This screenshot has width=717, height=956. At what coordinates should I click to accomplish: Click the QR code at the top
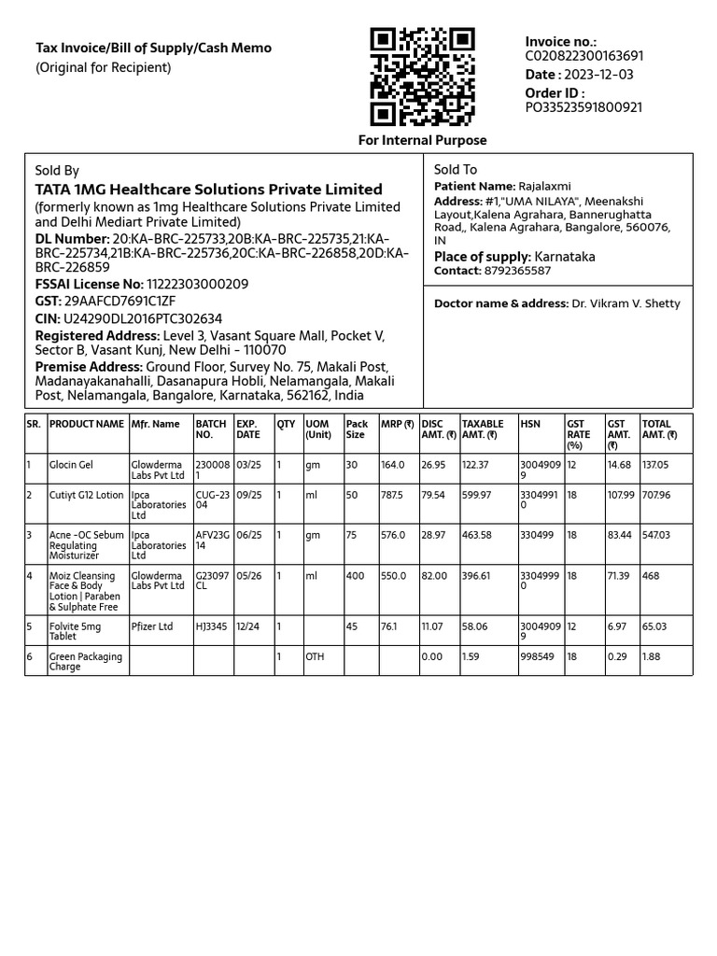(422, 77)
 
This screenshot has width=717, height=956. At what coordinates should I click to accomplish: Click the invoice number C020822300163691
(583, 56)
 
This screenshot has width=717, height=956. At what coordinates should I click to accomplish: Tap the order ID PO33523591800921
(583, 107)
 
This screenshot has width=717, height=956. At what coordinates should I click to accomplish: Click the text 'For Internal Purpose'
(423, 140)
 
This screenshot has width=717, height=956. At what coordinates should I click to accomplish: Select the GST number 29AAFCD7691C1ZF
(119, 302)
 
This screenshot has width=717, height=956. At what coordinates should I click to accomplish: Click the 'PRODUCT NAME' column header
(86, 424)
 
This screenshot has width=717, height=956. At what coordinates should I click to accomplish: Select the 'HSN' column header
(529, 424)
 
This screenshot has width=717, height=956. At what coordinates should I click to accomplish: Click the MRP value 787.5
(392, 495)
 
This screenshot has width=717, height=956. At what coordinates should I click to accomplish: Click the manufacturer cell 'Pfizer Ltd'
(152, 626)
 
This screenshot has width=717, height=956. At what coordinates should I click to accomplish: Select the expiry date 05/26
(248, 576)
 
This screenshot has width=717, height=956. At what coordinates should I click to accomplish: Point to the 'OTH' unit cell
(315, 656)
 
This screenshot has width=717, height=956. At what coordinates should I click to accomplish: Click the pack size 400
(355, 576)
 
